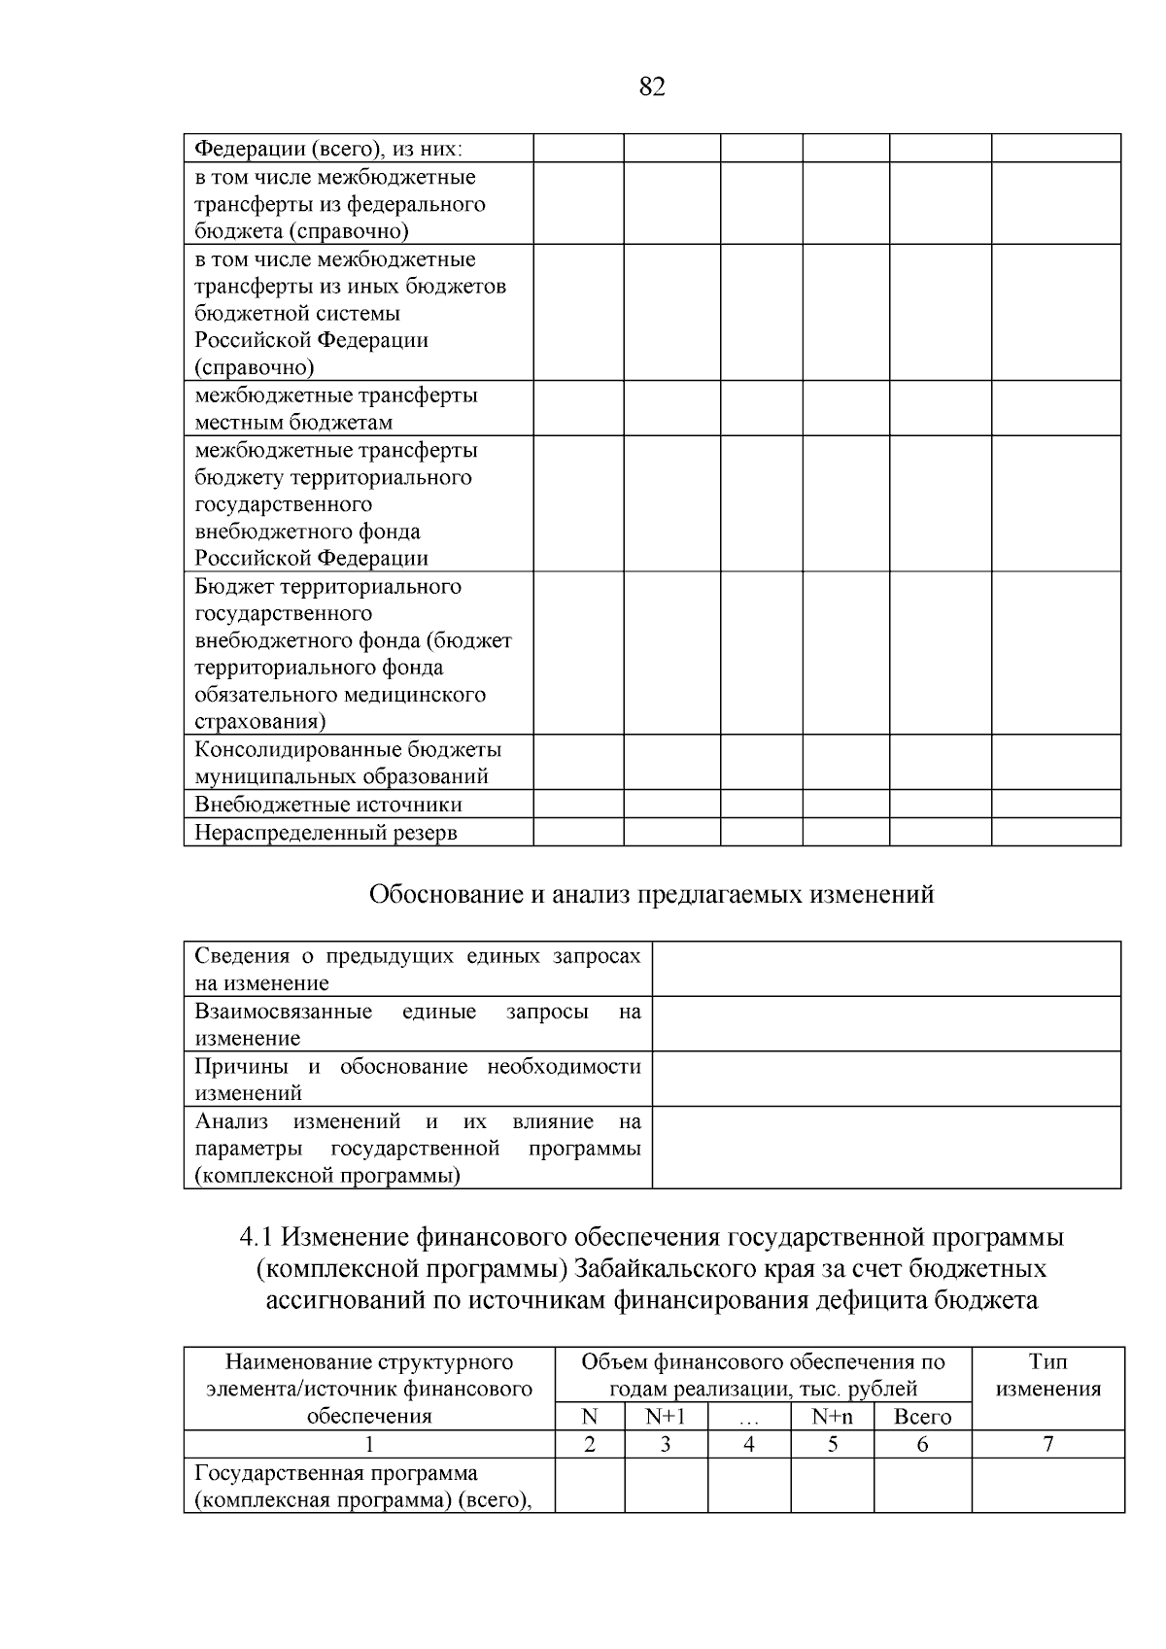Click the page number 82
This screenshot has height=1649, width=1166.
(652, 87)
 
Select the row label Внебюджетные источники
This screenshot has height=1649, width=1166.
(328, 805)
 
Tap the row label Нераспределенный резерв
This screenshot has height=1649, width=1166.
(326, 833)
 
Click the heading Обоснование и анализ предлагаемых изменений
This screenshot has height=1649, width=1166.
(651, 894)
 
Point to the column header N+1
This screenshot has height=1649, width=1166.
(665, 1417)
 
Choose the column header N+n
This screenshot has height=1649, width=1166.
(832, 1417)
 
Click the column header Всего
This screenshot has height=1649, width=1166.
(922, 1417)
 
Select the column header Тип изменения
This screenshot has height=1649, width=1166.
(1047, 1375)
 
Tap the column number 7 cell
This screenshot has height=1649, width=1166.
(1047, 1444)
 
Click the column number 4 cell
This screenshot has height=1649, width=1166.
(748, 1444)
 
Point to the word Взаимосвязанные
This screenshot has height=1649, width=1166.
(283, 1012)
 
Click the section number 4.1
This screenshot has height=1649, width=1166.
(257, 1238)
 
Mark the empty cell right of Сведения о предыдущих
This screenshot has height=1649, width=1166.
(885, 969)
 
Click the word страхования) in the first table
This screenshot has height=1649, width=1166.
(259, 722)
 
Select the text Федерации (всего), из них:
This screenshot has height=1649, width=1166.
(328, 149)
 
